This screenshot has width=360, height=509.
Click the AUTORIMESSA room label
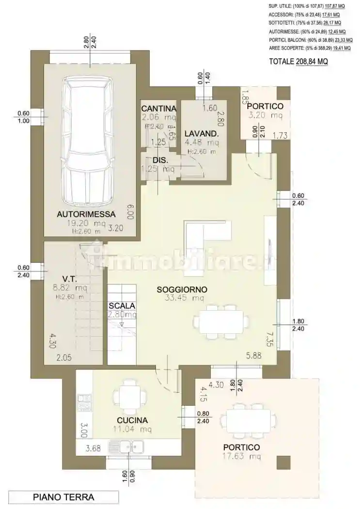tap(86, 214)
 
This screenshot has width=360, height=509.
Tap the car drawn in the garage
tap(87, 142)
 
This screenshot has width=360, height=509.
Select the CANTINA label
tap(158, 108)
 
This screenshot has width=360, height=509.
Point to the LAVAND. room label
tap(202, 133)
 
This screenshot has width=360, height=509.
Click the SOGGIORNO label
tap(182, 289)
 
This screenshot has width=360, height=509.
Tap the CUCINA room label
tap(132, 420)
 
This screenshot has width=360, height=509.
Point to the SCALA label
tap(122, 306)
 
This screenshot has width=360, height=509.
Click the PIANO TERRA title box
tap(63, 497)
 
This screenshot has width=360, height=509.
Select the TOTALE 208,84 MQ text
tap(298, 62)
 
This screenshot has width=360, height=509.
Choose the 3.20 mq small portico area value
tap(265, 115)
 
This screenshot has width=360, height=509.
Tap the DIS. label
tap(160, 160)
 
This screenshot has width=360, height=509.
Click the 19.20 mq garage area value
tap(86, 223)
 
